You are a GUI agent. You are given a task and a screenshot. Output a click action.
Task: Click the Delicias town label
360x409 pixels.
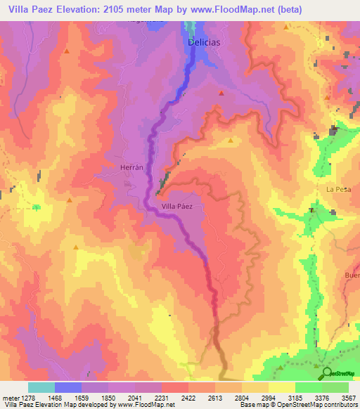(x=205, y=42)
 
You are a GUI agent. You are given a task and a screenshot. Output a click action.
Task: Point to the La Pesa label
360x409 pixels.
(x=338, y=190)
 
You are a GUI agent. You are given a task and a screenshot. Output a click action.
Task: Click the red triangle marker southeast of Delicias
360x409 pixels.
(x=221, y=93)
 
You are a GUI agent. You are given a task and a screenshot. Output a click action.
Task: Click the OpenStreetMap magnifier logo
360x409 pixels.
(x=326, y=372)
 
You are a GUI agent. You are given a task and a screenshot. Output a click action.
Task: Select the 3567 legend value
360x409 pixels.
(x=349, y=398)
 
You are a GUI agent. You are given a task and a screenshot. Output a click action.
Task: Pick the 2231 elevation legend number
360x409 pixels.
(x=162, y=398)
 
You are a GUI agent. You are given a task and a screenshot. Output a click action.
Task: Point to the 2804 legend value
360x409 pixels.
(x=242, y=398)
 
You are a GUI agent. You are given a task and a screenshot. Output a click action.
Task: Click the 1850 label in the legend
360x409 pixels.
(x=108, y=398)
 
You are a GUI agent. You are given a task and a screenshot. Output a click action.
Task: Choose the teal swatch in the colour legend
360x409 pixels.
(x=41, y=387)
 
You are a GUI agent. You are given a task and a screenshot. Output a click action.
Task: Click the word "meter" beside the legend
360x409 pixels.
(x=9, y=398)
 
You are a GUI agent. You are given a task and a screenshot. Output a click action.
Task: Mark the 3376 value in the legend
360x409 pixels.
(x=322, y=398)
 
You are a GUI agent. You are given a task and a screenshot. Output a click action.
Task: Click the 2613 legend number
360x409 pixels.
(x=215, y=398)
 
